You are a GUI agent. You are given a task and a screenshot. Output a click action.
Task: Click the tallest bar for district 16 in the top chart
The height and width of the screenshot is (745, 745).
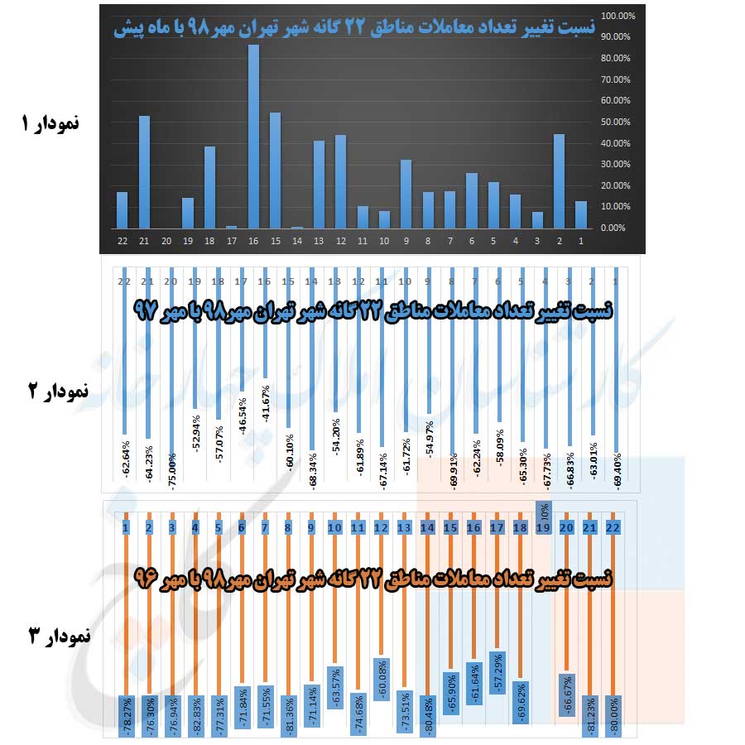point(254,137)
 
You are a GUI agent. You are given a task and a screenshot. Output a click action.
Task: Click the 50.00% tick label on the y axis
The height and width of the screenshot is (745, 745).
point(617,122)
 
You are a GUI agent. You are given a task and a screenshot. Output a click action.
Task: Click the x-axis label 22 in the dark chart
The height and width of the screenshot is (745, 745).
point(123,241)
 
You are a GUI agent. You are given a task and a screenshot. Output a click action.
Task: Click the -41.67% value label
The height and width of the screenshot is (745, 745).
point(266,403)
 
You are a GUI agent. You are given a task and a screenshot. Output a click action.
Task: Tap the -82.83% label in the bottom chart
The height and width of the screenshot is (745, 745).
point(195,712)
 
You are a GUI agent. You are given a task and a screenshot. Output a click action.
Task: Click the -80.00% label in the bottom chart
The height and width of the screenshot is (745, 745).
point(614,712)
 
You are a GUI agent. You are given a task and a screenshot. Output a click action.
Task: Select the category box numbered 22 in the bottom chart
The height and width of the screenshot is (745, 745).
point(613,526)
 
